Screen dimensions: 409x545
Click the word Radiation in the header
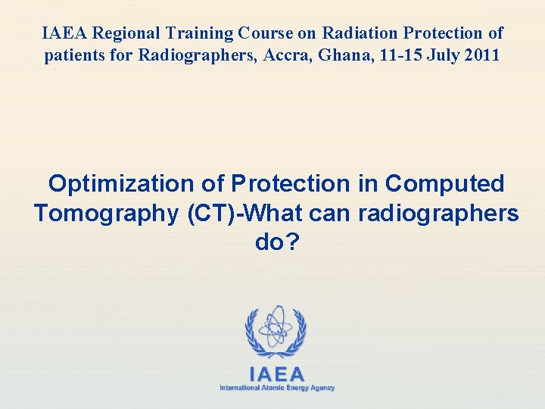(x=353, y=33)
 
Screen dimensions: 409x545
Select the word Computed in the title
(x=445, y=184)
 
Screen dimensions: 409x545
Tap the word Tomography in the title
(x=105, y=214)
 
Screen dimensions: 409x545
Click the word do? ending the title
(x=276, y=243)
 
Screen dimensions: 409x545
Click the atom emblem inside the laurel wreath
(x=275, y=328)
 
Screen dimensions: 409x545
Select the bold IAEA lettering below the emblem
(x=277, y=374)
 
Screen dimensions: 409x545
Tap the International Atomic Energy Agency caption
(x=277, y=388)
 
